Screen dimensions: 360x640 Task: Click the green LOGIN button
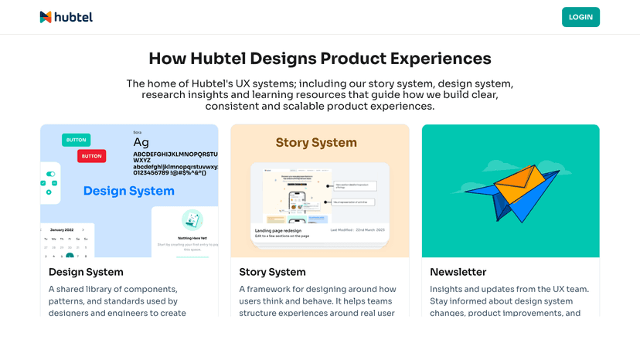tap(580, 17)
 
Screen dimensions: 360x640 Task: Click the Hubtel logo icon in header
tap(46, 17)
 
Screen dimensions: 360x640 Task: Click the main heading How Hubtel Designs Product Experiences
tap(319, 59)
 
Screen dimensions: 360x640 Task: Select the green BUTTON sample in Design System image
tap(76, 140)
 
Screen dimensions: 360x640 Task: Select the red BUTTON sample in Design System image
tap(91, 156)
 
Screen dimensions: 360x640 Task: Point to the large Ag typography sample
tap(141, 142)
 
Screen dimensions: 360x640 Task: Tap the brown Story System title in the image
tap(316, 143)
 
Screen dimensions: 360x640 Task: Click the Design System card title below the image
tap(86, 272)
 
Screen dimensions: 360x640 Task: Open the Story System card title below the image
tap(272, 272)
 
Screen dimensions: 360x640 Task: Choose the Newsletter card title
tap(458, 272)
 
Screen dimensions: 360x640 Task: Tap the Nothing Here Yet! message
tap(192, 238)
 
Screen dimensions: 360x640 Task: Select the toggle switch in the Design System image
tap(51, 174)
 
